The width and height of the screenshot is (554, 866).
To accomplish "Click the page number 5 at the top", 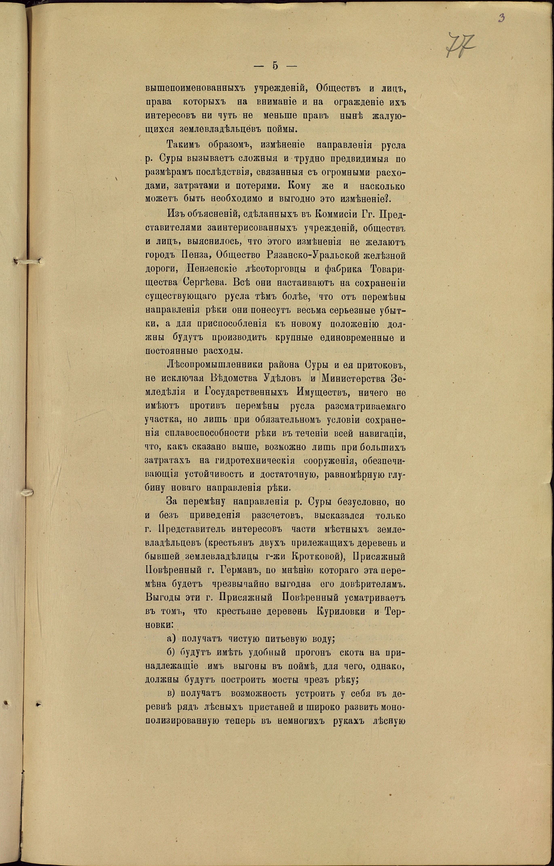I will (275, 66).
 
